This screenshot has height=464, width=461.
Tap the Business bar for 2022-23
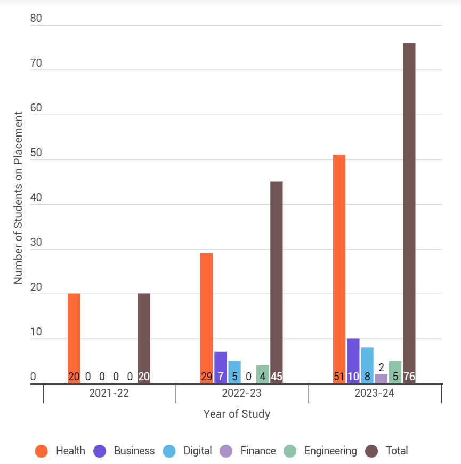(x=221, y=363)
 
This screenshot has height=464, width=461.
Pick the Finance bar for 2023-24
(x=382, y=379)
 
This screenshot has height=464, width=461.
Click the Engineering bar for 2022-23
(x=262, y=371)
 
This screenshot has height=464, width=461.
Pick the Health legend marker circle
(x=42, y=451)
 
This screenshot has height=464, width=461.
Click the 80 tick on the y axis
(x=36, y=19)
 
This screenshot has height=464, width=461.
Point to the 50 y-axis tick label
(x=36, y=153)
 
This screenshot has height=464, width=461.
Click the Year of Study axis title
(x=237, y=414)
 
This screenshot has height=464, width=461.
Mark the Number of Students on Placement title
(x=18, y=197)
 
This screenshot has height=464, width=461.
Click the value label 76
(x=409, y=377)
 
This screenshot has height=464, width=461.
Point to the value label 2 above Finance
(x=382, y=367)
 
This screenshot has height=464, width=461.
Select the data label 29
(x=206, y=377)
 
